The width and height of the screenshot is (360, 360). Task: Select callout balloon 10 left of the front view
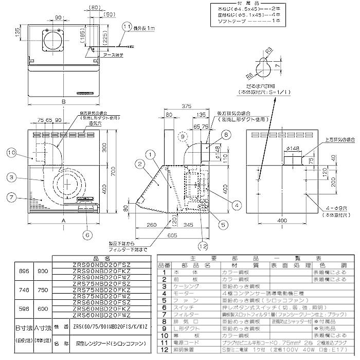(x=12, y=152)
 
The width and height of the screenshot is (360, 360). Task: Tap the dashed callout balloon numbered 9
(x=181, y=137)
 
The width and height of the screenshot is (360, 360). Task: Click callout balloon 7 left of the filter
(x=12, y=197)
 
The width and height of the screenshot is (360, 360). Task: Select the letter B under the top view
(x=63, y=102)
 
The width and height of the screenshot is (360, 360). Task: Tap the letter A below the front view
(x=63, y=219)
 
